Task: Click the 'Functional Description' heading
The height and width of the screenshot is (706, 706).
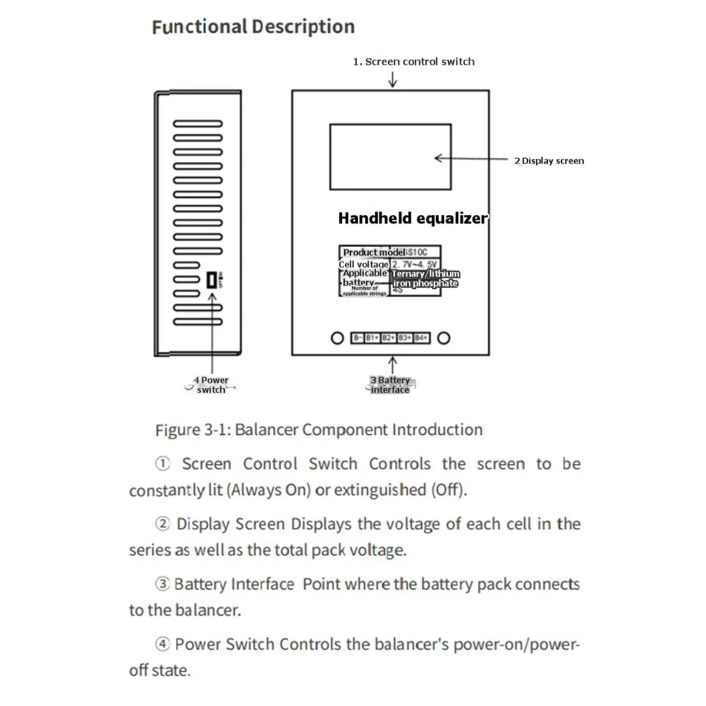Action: click(253, 27)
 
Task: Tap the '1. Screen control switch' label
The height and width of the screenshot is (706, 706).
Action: click(414, 62)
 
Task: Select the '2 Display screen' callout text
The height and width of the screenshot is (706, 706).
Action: click(549, 161)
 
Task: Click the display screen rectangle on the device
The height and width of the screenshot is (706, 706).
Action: click(390, 156)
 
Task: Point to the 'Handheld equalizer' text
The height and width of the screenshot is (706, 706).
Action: click(412, 218)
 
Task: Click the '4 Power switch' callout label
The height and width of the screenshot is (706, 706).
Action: click(211, 385)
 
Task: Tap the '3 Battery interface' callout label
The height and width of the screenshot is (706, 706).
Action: click(390, 385)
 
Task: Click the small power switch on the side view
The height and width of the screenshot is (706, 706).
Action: click(212, 281)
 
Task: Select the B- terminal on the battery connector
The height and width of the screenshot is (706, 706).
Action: click(358, 338)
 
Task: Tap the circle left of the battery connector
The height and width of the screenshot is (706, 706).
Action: click(337, 338)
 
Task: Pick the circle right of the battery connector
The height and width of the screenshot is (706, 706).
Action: click(444, 338)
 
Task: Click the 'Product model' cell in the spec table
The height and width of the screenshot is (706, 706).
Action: click(373, 252)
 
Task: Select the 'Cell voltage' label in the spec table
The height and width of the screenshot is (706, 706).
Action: click(364, 264)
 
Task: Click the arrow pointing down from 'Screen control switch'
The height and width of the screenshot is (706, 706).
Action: click(392, 79)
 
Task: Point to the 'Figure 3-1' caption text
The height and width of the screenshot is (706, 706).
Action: click(318, 430)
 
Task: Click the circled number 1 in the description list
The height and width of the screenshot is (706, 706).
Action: click(162, 464)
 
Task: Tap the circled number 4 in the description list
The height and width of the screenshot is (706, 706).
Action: click(162, 644)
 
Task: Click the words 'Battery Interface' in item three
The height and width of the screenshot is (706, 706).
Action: click(234, 584)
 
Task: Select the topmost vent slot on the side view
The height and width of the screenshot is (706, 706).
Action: click(198, 124)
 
